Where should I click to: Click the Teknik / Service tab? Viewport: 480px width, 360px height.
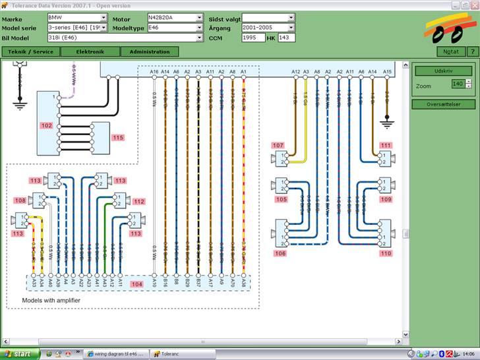click(x=30, y=51)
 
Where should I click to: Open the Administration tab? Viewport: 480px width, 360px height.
click(x=150, y=51)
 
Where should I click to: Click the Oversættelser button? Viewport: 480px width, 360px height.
click(x=443, y=104)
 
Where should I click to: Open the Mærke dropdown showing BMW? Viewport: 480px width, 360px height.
click(x=77, y=18)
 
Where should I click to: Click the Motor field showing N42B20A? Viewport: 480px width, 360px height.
click(x=175, y=18)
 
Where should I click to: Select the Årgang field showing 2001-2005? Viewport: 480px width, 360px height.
click(x=268, y=28)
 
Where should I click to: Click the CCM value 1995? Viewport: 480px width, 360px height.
click(x=253, y=38)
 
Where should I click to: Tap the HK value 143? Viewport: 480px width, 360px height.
click(x=285, y=38)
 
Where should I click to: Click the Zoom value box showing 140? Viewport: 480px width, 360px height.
click(x=458, y=84)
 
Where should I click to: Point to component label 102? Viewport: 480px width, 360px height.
click(x=46, y=125)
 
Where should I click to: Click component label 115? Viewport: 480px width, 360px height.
click(x=117, y=138)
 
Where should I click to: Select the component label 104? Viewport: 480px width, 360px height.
click(x=137, y=284)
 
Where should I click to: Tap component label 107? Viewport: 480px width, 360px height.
click(x=278, y=145)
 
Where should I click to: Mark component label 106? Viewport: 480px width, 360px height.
click(x=281, y=253)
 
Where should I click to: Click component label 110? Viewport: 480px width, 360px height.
click(x=386, y=253)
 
